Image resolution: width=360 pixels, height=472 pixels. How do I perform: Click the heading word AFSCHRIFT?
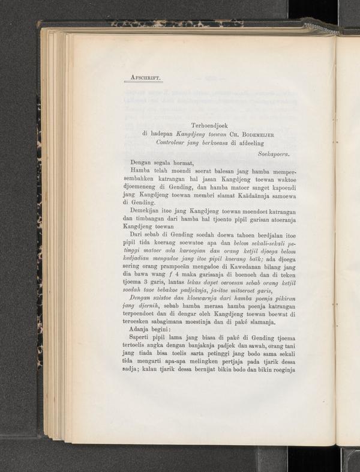pyautogui.click(x=146, y=77)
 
